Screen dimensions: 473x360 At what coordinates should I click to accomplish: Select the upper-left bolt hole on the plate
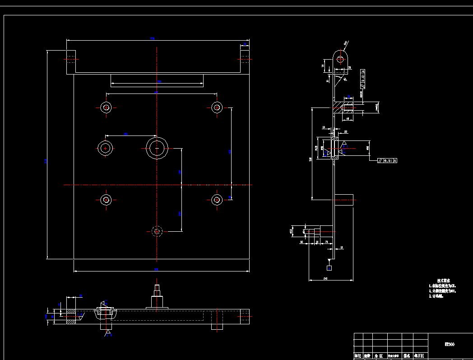(106, 108)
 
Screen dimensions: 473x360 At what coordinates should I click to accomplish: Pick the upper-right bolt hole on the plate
(217, 108)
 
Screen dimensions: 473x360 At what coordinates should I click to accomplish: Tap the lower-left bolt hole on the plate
(106, 200)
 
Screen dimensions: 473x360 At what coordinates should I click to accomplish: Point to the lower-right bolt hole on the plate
(217, 200)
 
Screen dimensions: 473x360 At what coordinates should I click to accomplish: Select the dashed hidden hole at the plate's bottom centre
(157, 231)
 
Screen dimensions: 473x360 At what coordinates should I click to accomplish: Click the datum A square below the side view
(329, 268)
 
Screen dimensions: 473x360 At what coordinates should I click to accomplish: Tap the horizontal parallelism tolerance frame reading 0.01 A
(388, 160)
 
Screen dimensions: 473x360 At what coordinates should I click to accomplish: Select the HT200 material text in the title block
(450, 344)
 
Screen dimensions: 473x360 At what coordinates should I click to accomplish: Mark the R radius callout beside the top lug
(346, 44)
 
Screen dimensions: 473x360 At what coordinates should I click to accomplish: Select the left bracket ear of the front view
(71, 59)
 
